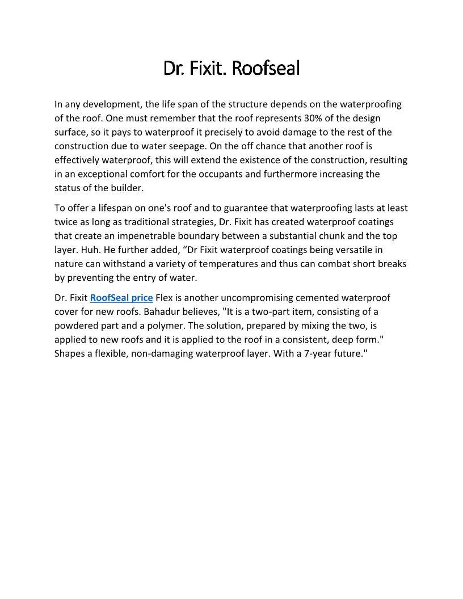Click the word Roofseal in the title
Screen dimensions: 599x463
tap(266, 69)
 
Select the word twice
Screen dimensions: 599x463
tap(66, 222)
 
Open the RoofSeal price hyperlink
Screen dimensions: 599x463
tap(121, 298)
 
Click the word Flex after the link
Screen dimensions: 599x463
tap(164, 298)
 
